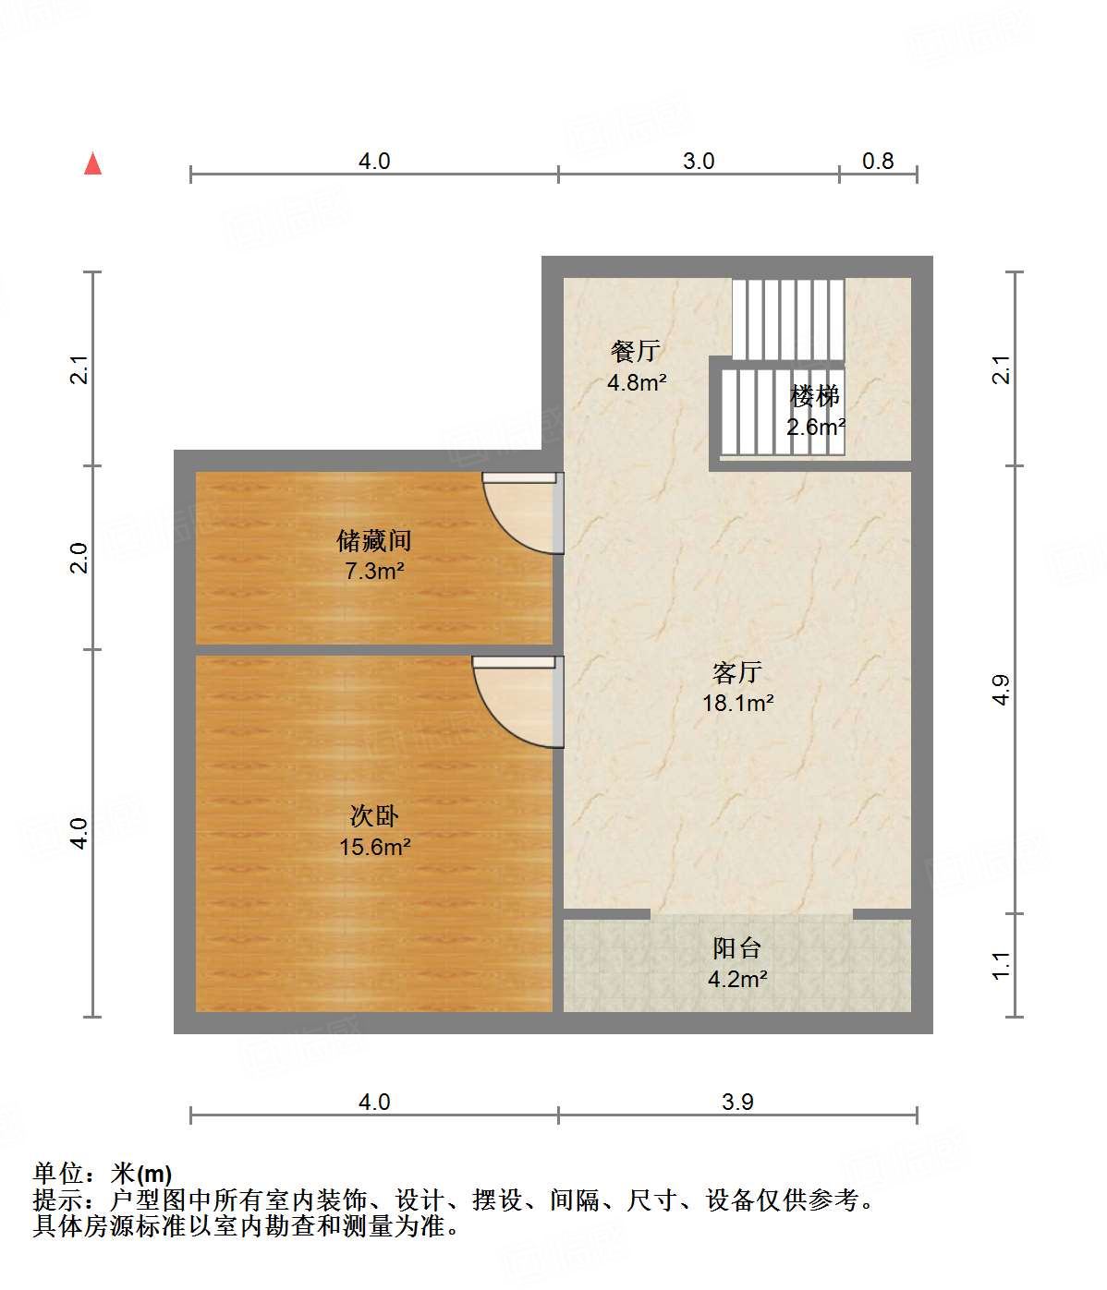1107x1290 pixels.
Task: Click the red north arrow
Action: point(92,163)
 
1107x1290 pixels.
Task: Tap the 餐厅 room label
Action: point(635,351)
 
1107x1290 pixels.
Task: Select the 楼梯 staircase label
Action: point(815,396)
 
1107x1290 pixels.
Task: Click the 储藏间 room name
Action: point(373,540)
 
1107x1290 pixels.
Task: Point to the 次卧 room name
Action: point(374,816)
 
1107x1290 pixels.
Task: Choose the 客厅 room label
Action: point(736,672)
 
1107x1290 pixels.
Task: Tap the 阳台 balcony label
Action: point(736,948)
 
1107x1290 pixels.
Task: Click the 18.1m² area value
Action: point(737,704)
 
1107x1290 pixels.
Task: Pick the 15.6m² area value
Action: point(374,847)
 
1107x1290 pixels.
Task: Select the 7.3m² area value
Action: point(374,572)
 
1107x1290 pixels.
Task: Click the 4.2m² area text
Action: point(737,979)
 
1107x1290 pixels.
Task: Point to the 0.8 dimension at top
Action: point(878,162)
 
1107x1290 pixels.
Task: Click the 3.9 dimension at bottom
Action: point(737,1102)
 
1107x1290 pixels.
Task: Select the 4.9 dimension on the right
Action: point(1002,690)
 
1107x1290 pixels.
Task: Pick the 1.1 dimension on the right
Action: point(1002,966)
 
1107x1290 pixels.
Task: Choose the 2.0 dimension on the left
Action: point(80,558)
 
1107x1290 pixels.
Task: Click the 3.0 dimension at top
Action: point(699,162)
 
